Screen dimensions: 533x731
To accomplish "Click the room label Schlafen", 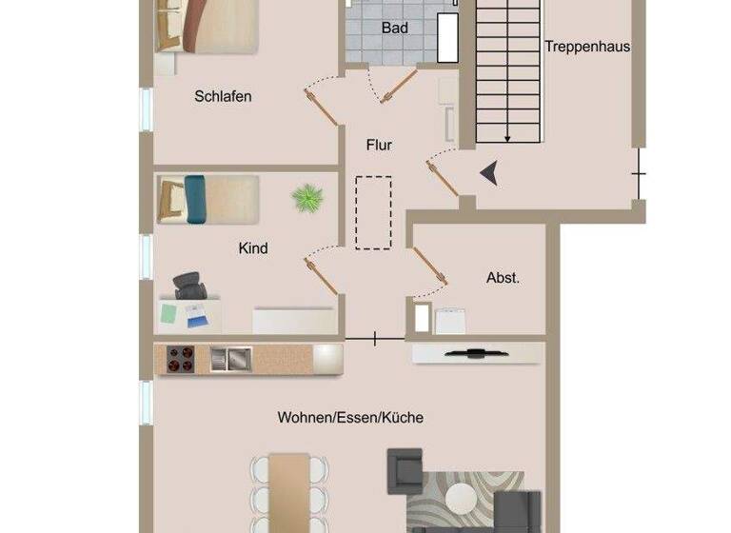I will pyautogui.click(x=223, y=96).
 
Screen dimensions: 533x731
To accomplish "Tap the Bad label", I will pyautogui.click(x=395, y=29).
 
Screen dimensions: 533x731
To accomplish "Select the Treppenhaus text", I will pyautogui.click(x=587, y=46).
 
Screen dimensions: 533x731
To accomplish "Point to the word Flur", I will pyautogui.click(x=379, y=146).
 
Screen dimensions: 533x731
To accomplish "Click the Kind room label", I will pyautogui.click(x=253, y=248).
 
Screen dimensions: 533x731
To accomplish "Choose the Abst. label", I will pyautogui.click(x=503, y=278).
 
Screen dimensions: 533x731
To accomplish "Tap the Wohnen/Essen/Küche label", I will pyautogui.click(x=350, y=417).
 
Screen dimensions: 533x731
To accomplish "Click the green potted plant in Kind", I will pyautogui.click(x=307, y=198).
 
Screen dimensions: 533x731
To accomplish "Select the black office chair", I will pyautogui.click(x=190, y=285).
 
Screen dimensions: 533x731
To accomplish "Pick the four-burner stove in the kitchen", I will pyautogui.click(x=181, y=358).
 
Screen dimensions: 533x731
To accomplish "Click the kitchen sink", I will pyautogui.click(x=230, y=358).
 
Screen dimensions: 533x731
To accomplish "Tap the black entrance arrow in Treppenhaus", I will pyautogui.click(x=489, y=173).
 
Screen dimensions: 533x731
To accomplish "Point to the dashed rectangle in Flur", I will pyautogui.click(x=373, y=212).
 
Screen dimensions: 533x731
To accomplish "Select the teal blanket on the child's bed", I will pyautogui.click(x=195, y=199).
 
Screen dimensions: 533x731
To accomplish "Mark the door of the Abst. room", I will pyautogui.click(x=430, y=266).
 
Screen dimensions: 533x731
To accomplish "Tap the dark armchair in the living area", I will pyautogui.click(x=404, y=469).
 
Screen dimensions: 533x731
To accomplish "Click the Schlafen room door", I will pyautogui.click(x=321, y=106).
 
